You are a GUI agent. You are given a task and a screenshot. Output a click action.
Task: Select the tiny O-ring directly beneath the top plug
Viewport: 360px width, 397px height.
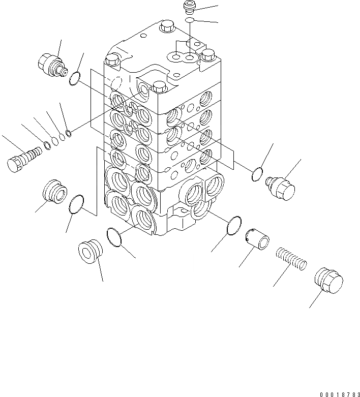pyautogui.click(x=189, y=20)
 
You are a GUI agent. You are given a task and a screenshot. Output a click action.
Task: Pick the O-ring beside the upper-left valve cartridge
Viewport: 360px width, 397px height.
pyautogui.click(x=74, y=78)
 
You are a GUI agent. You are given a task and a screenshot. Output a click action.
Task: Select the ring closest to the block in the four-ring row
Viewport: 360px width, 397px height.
pyautogui.click(x=69, y=134)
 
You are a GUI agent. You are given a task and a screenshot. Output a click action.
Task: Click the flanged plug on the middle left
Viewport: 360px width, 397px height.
pyautogui.click(x=53, y=191)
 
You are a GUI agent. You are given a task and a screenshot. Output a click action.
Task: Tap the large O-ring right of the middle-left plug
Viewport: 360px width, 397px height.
pyautogui.click(x=76, y=204)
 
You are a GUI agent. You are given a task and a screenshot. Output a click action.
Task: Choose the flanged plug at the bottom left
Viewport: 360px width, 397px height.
pyautogui.click(x=91, y=251)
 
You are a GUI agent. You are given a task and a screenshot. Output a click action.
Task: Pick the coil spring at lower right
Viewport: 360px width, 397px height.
pyautogui.click(x=291, y=257)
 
